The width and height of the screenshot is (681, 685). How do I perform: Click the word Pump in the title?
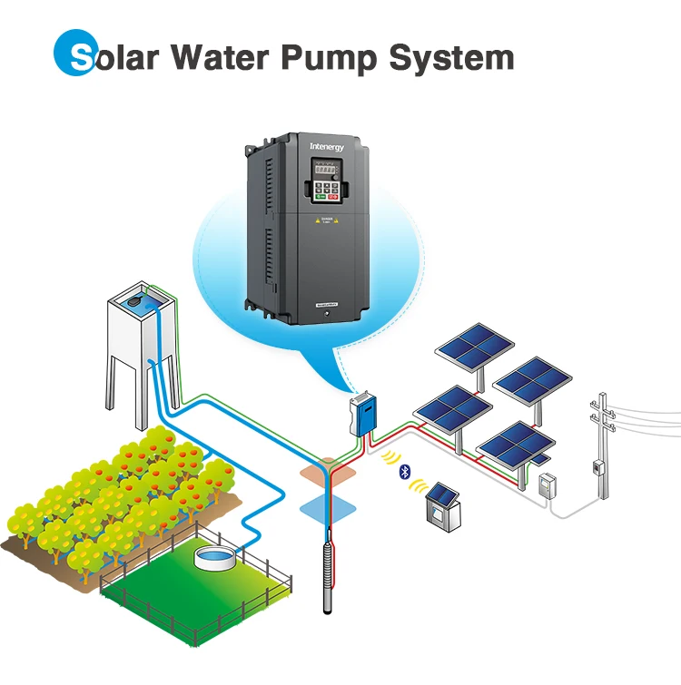[329, 57]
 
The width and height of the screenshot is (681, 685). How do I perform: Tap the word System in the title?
[451, 57]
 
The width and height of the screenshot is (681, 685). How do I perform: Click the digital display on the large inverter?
[326, 171]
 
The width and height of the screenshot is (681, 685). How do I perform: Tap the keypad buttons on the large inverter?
[326, 191]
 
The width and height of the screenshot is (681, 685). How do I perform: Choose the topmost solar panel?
[474, 345]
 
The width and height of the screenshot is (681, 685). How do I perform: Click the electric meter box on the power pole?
[597, 467]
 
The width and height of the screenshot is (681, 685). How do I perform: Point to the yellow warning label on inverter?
[325, 222]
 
